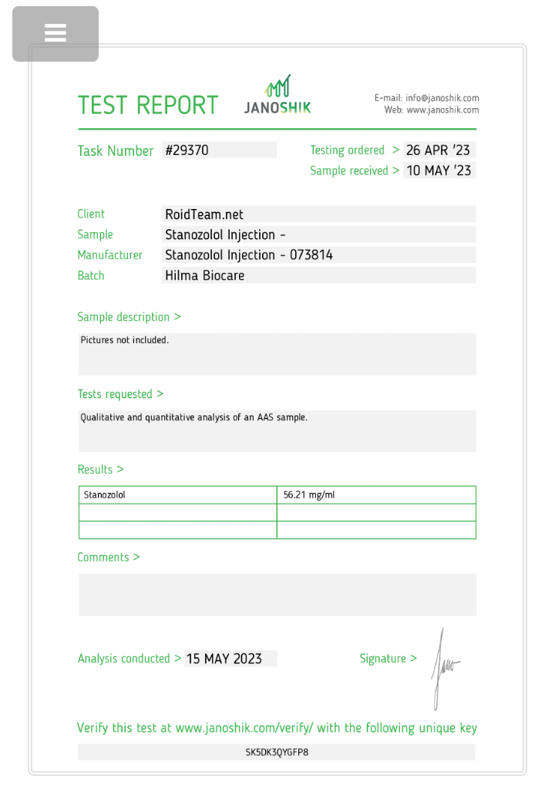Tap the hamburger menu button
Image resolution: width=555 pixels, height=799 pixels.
click(x=55, y=33)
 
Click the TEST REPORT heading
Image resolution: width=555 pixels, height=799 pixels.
click(x=148, y=105)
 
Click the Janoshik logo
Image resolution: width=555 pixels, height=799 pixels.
click(x=277, y=96)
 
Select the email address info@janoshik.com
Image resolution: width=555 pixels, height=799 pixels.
click(x=442, y=98)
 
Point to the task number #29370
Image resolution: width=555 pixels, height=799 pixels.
click(x=187, y=150)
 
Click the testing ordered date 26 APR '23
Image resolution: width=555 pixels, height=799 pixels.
click(x=438, y=150)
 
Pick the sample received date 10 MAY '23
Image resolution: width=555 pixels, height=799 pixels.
click(x=439, y=170)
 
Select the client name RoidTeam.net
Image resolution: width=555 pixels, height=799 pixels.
click(x=204, y=214)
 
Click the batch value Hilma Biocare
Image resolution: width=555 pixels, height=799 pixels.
click(x=205, y=275)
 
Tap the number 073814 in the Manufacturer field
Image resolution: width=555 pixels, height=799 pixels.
click(x=311, y=255)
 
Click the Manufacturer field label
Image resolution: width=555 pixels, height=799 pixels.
click(x=109, y=255)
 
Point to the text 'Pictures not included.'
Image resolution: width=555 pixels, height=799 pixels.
click(x=124, y=340)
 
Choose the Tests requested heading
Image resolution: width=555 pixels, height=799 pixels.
click(x=120, y=394)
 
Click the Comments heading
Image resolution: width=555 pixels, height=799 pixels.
click(x=109, y=558)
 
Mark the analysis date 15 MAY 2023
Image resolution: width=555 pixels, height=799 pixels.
click(x=224, y=659)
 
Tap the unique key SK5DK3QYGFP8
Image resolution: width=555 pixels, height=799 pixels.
click(x=277, y=752)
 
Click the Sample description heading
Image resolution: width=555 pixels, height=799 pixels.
click(x=129, y=317)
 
